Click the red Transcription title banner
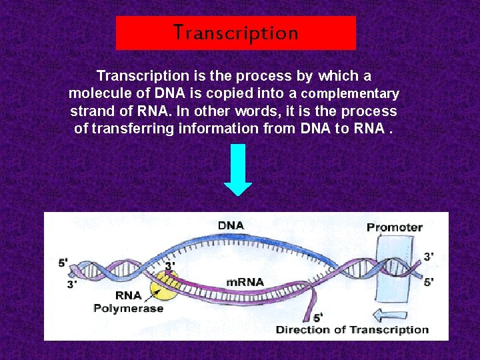point(236,33)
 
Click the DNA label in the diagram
point(231,225)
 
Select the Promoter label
point(394,227)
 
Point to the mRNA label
point(245,281)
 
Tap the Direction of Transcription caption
point(352,329)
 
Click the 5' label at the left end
point(63,263)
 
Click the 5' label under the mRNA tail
point(318,317)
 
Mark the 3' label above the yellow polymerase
point(171,265)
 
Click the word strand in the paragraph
point(90,111)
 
